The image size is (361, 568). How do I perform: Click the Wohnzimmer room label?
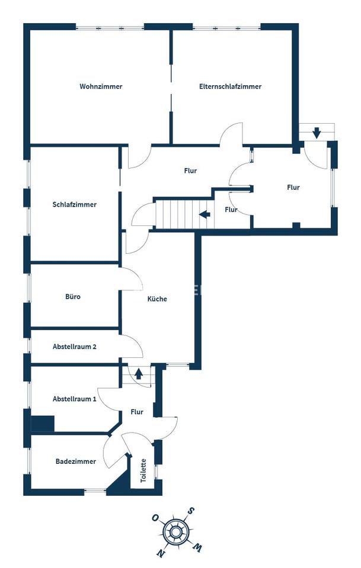coord(101,86)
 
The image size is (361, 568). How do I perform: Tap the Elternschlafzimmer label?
coord(231,86)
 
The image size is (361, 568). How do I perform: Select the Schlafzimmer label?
coord(74,205)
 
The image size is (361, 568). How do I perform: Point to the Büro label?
coord(73,296)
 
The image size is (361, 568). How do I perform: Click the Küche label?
coord(157,299)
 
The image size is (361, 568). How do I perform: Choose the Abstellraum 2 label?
coord(75,347)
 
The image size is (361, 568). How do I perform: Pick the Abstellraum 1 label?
coord(74,399)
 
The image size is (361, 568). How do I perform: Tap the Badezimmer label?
coord(76,461)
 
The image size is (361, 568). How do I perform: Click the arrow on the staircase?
coord(205,214)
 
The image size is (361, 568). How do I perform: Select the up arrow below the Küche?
coord(139,373)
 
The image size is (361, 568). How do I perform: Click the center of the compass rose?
coord(176,532)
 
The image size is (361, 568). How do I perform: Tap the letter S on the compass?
coord(191,510)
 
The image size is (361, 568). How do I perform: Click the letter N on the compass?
coord(160,554)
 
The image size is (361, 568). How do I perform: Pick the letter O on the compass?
coord(155,518)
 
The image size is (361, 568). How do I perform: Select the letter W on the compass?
coord(199,548)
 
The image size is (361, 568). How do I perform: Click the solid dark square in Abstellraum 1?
coord(42,424)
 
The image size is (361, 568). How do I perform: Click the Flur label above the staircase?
coord(190,171)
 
